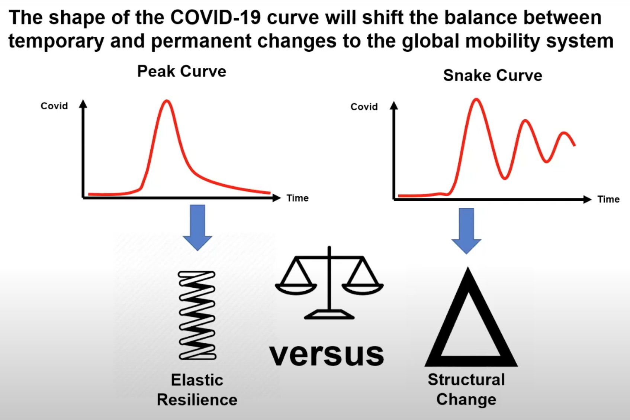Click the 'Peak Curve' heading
[x=182, y=71]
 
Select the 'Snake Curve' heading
[x=493, y=75]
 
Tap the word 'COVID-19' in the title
[x=215, y=17]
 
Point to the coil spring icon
[x=197, y=315]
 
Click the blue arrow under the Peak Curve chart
[x=197, y=228]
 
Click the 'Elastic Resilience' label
[x=197, y=390]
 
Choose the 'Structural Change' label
[x=466, y=390]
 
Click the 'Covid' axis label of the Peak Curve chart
[x=54, y=106]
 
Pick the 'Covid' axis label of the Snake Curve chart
[x=364, y=107]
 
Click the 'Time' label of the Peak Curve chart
[x=298, y=198]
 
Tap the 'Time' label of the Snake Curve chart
[x=609, y=199]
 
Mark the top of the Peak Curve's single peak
[x=167, y=101]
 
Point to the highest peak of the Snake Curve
[x=476, y=99]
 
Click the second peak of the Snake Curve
[x=525, y=121]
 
